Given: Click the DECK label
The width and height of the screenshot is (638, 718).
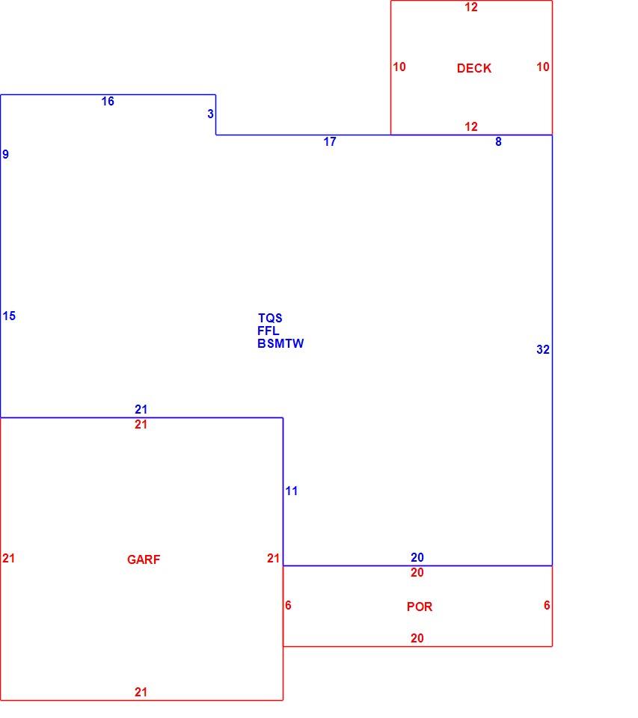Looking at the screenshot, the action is click(x=474, y=68).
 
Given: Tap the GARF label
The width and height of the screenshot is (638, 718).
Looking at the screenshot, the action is click(x=144, y=559).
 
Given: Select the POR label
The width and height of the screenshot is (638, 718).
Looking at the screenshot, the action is click(x=420, y=607).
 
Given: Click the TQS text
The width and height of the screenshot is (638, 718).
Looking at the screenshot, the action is click(x=270, y=318).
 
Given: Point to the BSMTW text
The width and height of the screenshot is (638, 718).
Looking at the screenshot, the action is click(x=280, y=343).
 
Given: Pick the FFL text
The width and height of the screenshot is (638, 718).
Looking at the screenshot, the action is click(x=268, y=331).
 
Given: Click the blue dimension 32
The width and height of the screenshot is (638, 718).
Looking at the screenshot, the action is click(x=543, y=349).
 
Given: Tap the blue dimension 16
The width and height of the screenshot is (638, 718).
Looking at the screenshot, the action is click(x=108, y=101).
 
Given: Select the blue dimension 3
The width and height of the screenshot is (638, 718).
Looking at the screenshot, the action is click(x=210, y=114).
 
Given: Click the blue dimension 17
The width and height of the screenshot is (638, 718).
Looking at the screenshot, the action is click(x=330, y=141).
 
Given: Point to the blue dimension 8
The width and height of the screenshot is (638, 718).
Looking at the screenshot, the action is click(x=498, y=141).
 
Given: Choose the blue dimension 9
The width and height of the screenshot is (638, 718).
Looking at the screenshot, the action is click(x=5, y=154).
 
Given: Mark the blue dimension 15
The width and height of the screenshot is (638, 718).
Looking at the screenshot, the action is click(x=9, y=316).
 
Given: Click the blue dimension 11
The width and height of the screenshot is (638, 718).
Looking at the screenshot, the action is click(x=291, y=491).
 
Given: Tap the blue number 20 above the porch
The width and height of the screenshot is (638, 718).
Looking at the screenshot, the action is click(x=417, y=557).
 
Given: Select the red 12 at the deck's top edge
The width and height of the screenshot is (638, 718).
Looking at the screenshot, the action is click(x=470, y=7).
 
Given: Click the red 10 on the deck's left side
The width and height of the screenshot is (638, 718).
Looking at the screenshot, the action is click(x=399, y=67).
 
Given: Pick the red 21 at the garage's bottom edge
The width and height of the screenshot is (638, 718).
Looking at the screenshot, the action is click(x=141, y=692).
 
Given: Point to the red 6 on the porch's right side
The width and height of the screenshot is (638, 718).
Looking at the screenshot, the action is click(x=547, y=605).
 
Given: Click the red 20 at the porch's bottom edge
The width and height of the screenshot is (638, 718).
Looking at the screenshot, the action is click(x=417, y=638).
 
